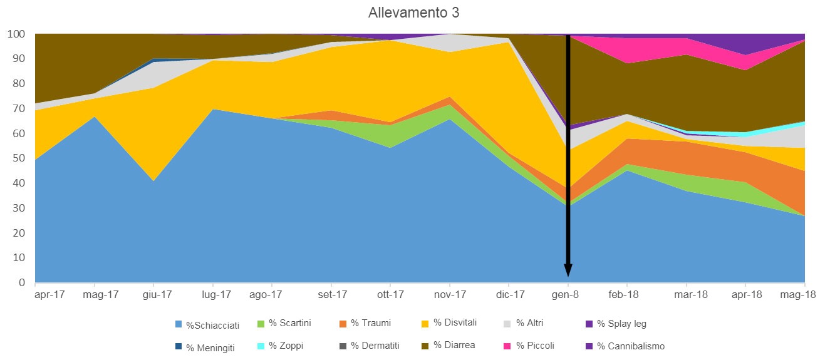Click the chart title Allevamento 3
point(414,13)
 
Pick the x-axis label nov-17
point(450,294)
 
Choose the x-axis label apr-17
point(49,294)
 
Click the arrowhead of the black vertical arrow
point(568,270)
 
